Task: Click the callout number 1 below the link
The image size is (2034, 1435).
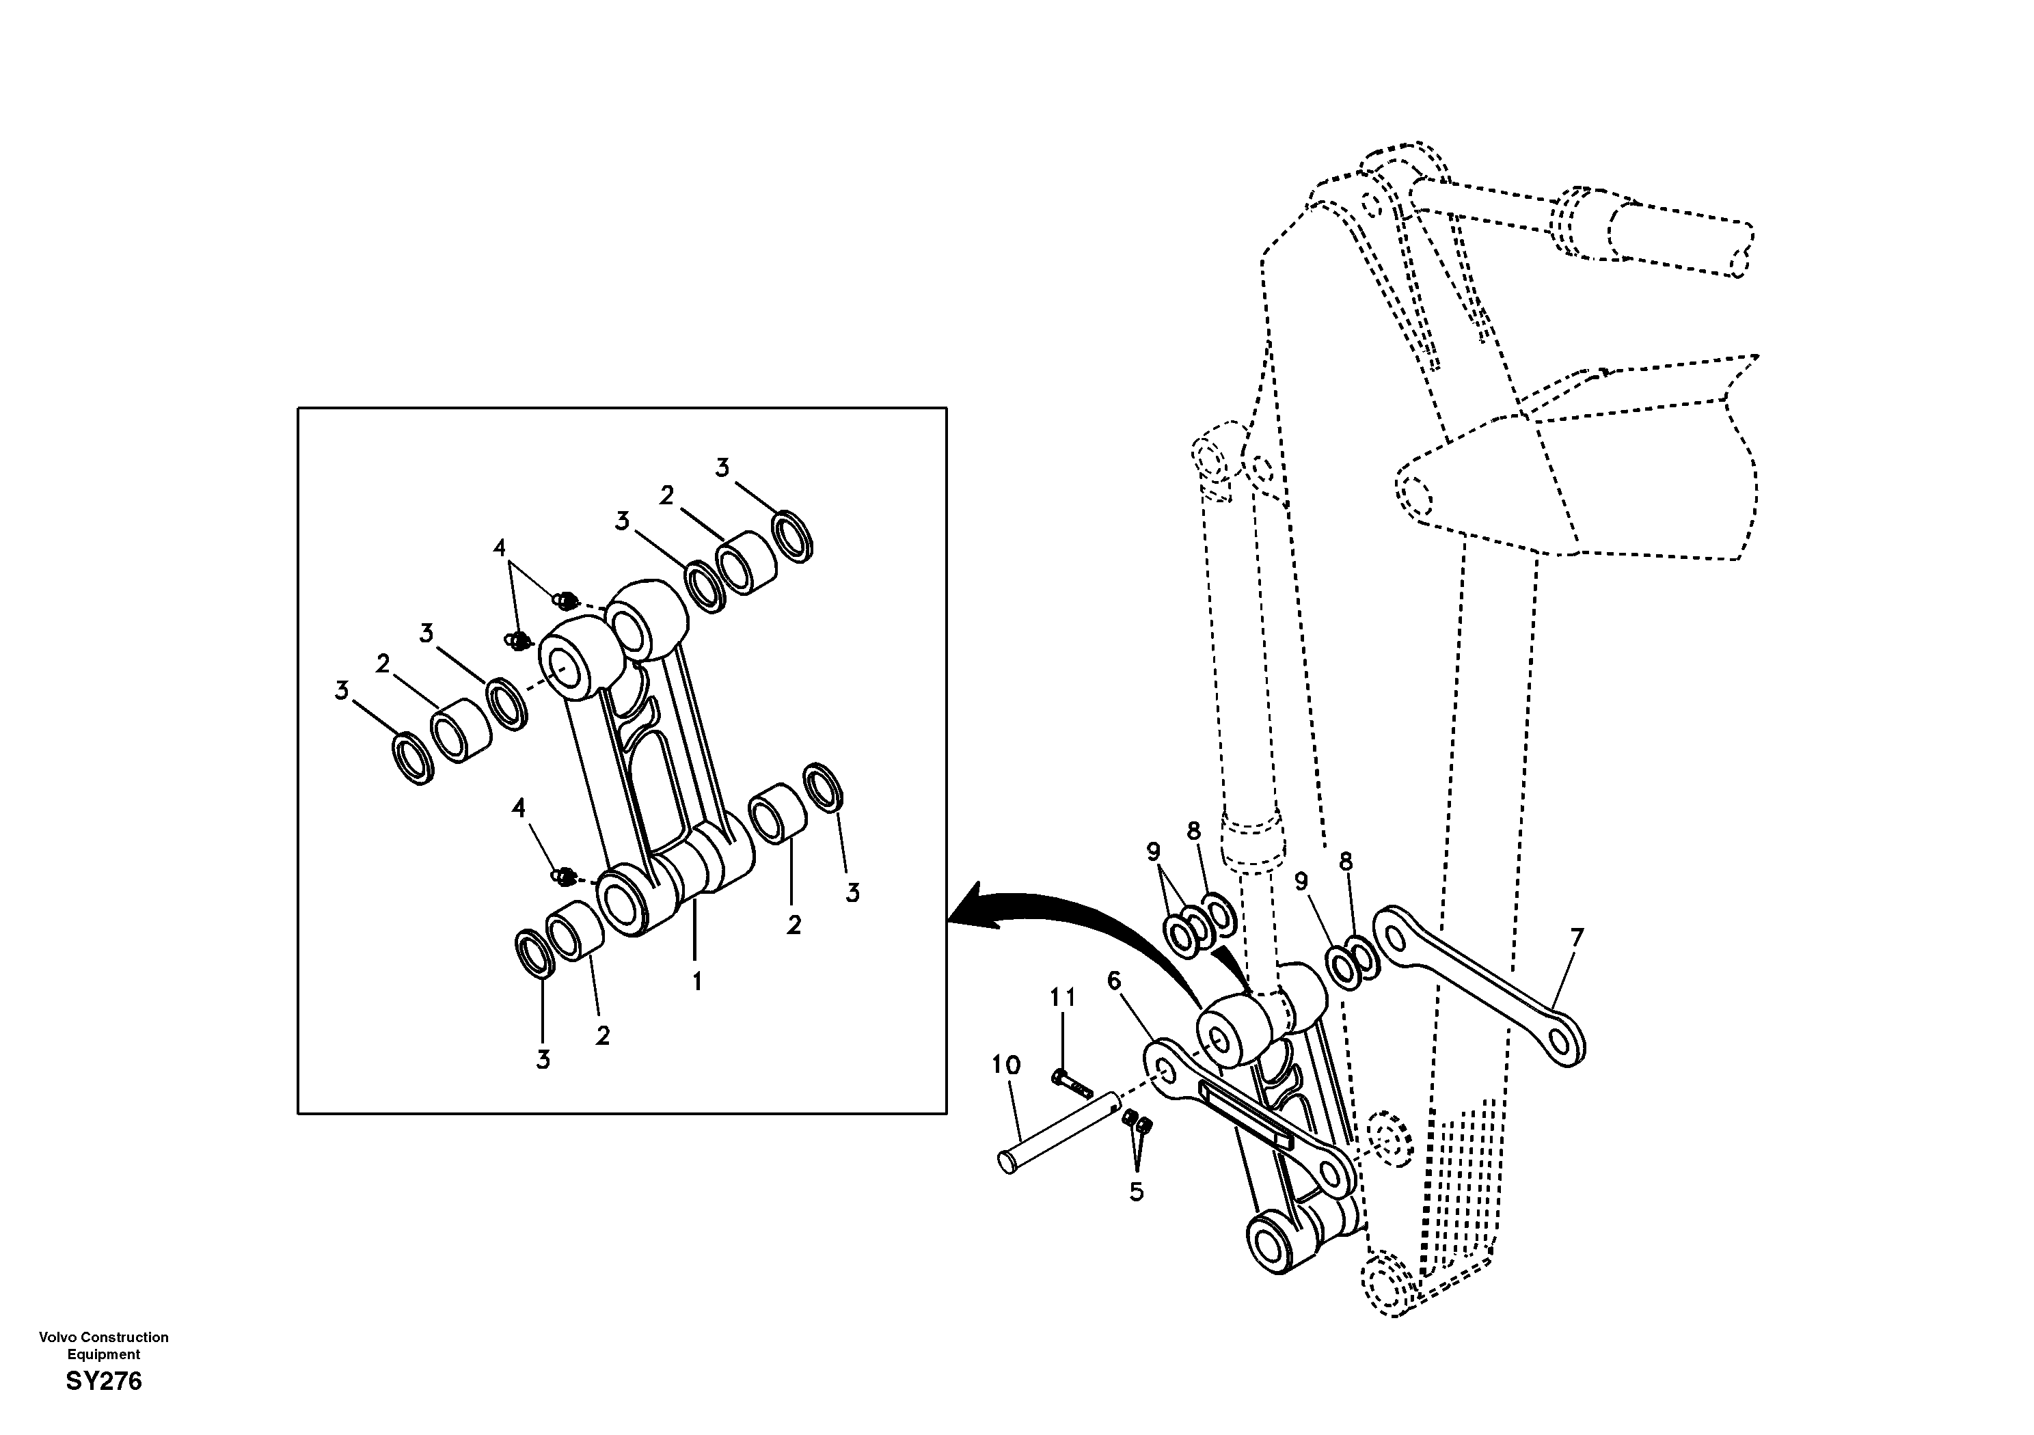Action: click(x=697, y=981)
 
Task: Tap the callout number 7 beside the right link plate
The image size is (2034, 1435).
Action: click(x=1576, y=936)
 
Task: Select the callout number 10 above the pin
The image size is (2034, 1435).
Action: click(x=1006, y=1065)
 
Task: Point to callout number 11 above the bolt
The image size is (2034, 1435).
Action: click(x=1063, y=998)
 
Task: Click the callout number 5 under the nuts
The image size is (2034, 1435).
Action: click(x=1137, y=1192)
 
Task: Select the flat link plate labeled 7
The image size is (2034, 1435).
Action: click(x=1478, y=984)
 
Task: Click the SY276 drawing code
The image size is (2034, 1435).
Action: click(x=104, y=1381)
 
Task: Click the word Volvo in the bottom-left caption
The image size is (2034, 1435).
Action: click(x=55, y=1337)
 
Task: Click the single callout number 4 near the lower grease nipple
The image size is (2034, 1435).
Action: click(x=518, y=808)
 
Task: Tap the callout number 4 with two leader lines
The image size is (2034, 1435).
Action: click(x=500, y=548)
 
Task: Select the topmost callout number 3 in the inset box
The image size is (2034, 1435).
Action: click(x=722, y=467)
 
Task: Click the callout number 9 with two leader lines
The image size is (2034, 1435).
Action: click(x=1152, y=852)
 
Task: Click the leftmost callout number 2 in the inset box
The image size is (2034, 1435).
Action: click(x=383, y=664)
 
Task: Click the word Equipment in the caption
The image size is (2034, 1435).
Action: click(x=104, y=1354)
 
